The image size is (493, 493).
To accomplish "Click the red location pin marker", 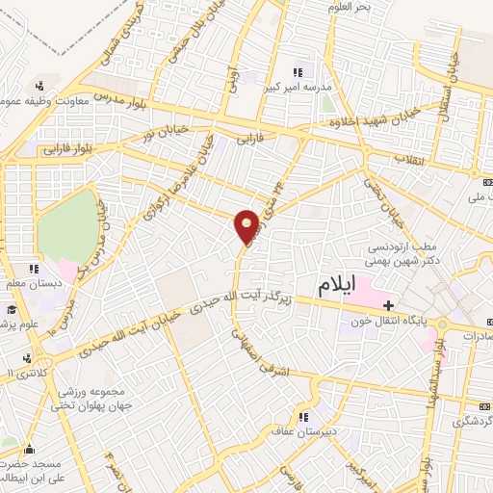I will (x=247, y=226).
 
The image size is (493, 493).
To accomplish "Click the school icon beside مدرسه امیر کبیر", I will (x=298, y=71).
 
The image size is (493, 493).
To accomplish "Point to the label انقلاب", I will (x=411, y=158).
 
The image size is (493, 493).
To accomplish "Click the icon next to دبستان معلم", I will (x=34, y=269).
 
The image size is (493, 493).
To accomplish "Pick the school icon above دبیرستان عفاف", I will (x=303, y=417).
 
